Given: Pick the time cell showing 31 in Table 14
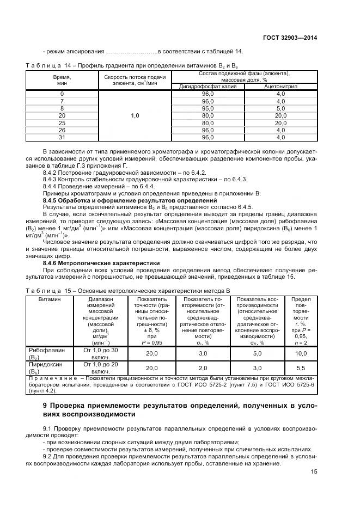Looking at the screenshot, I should coord(62,138).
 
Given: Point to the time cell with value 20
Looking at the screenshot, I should coord(62,116).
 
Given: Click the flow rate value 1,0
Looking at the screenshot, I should coord(135,116).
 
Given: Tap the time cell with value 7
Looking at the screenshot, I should coord(62,101).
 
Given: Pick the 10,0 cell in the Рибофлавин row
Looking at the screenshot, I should coord(301,353).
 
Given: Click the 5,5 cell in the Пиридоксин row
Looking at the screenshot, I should coord(301,368).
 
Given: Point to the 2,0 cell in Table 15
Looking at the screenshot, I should coord(203,368).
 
